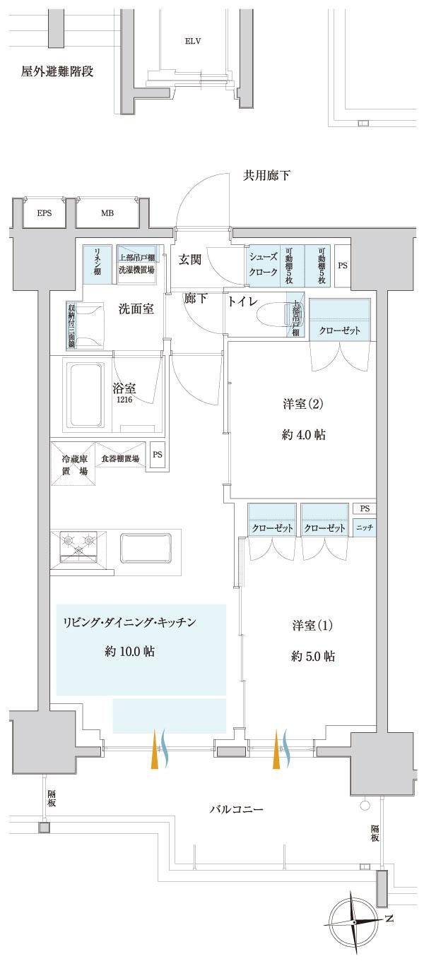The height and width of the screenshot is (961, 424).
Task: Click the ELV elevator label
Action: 193,41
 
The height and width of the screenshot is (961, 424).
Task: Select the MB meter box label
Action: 107,213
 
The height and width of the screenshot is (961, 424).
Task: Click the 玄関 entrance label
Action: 190,260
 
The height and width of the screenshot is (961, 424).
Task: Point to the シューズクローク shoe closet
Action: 262,264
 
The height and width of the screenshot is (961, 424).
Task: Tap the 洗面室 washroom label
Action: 136,309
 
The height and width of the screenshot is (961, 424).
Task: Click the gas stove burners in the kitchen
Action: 80,542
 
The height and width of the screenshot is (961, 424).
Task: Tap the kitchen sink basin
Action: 146,547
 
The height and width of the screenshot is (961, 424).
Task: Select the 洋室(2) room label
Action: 302,405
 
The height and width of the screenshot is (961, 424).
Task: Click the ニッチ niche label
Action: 365,527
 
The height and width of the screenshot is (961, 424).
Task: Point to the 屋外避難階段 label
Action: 58,71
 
